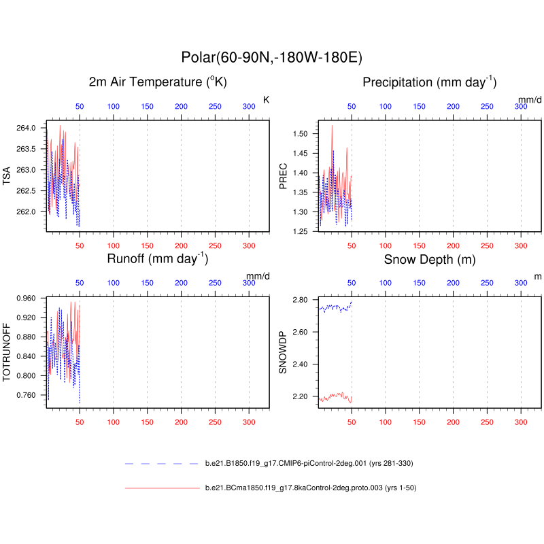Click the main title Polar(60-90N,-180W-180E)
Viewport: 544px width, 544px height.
(x=276, y=57)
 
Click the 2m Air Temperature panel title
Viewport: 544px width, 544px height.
(x=157, y=82)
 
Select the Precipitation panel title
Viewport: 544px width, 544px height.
(x=430, y=82)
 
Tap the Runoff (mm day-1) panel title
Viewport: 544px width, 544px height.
(x=157, y=259)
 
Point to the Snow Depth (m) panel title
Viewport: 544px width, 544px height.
(x=430, y=259)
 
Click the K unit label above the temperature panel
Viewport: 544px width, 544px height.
(x=266, y=100)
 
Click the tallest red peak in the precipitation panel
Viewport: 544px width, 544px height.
(x=332, y=126)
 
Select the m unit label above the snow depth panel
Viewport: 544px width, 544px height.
(x=538, y=277)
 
